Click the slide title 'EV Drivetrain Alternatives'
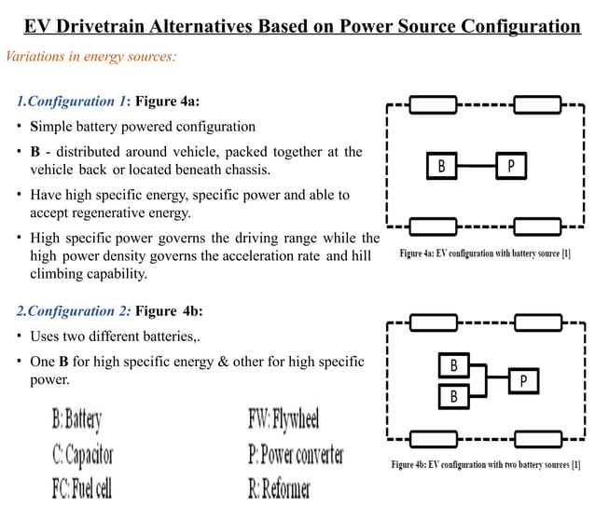tap(301, 25)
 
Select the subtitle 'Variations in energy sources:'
tap(91, 57)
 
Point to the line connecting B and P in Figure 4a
tap(476, 166)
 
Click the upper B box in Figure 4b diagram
tap(454, 364)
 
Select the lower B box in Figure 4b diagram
tap(454, 396)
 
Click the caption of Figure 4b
tap(485, 464)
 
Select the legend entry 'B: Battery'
tap(76, 419)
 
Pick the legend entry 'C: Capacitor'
tap(82, 455)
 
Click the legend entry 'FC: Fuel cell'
tap(81, 488)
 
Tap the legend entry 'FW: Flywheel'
tap(284, 419)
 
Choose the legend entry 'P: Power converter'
tap(296, 455)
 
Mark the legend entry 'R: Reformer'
tap(279, 488)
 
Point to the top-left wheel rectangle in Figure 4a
tap(434, 103)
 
